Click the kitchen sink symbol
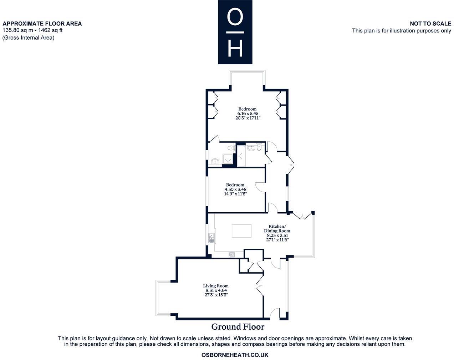[211, 238]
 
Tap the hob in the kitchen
[231, 254]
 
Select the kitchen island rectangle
[241, 231]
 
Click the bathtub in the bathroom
[241, 156]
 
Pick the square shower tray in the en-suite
[227, 159]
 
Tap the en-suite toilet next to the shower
[231, 148]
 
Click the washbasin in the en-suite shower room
[215, 161]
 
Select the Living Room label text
[215, 286]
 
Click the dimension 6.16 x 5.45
[248, 113]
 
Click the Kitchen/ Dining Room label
[277, 229]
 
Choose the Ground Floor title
[238, 327]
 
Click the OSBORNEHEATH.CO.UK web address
[235, 355]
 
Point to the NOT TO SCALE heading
[430, 24]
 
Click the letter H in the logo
[235, 48]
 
